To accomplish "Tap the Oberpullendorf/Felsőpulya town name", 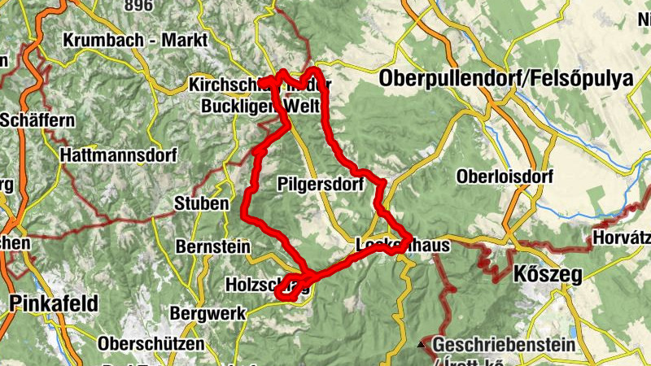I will pyautogui.click(x=505, y=79).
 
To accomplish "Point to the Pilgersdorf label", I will pyautogui.click(x=320, y=183).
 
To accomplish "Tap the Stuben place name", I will pyautogui.click(x=202, y=203).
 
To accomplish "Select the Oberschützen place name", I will pyautogui.click(x=151, y=344).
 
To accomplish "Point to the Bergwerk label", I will pyautogui.click(x=202, y=312).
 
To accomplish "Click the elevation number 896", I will pyautogui.click(x=138, y=5).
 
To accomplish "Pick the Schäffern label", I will pyautogui.click(x=37, y=120).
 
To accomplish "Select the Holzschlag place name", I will pyautogui.click(x=252, y=285).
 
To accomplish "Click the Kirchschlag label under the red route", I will pyautogui.click(x=228, y=85).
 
